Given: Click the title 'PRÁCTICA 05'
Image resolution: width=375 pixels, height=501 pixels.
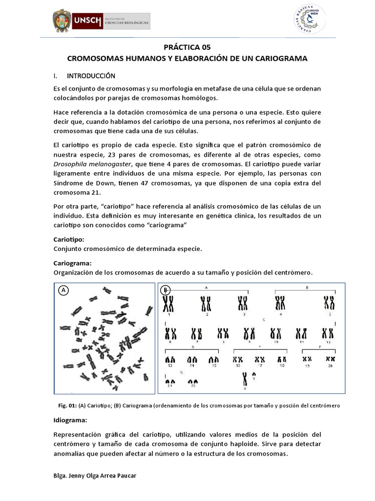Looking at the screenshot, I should coord(187,47).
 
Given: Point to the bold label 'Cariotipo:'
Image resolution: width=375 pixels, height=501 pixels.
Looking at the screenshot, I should coord(69,240).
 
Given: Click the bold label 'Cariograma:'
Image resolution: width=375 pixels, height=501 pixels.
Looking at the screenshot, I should coord(72,263).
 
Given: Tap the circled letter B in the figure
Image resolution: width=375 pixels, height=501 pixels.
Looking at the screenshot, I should coord(166,290).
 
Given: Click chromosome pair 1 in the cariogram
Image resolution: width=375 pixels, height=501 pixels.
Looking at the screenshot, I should coord(168,304).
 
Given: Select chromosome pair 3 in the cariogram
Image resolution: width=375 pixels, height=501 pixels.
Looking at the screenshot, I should coord(243,304).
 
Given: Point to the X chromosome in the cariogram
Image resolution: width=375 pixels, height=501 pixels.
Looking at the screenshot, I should coord(245,379).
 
